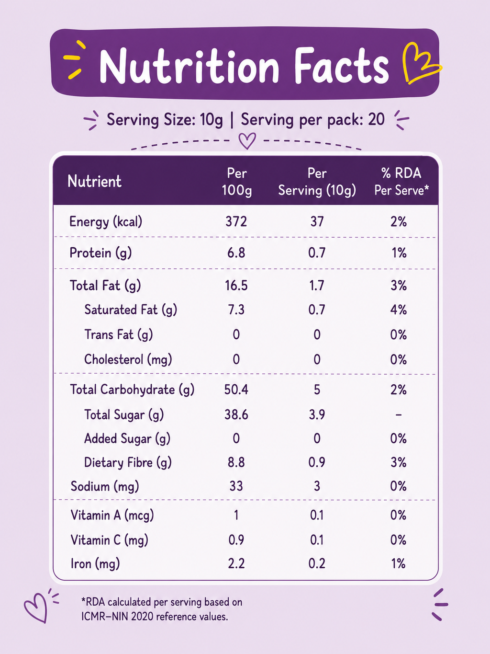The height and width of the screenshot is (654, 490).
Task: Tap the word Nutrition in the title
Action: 189,66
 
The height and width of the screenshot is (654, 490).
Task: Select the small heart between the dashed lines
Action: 247,141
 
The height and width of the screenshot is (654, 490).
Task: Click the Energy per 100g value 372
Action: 236,222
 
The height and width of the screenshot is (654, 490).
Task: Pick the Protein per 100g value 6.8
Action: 236,253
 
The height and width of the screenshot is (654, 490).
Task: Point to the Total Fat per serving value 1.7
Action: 317,286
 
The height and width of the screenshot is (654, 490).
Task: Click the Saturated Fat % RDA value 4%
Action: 399,310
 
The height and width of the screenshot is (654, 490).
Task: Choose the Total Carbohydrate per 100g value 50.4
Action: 236,390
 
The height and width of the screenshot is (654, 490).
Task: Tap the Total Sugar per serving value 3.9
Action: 317,414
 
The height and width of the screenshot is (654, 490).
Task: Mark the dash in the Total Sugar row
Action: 399,414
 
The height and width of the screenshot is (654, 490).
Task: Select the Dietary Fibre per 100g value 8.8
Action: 236,462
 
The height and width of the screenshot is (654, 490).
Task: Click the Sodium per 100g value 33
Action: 236,486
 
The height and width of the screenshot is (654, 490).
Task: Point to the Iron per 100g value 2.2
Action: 236,563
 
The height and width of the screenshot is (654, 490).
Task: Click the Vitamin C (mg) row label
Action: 109,540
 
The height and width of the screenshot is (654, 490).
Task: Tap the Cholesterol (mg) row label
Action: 128,360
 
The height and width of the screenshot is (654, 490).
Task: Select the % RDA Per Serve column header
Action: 401,182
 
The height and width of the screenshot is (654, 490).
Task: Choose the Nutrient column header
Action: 95,181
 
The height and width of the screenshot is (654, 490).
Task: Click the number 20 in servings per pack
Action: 376,119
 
